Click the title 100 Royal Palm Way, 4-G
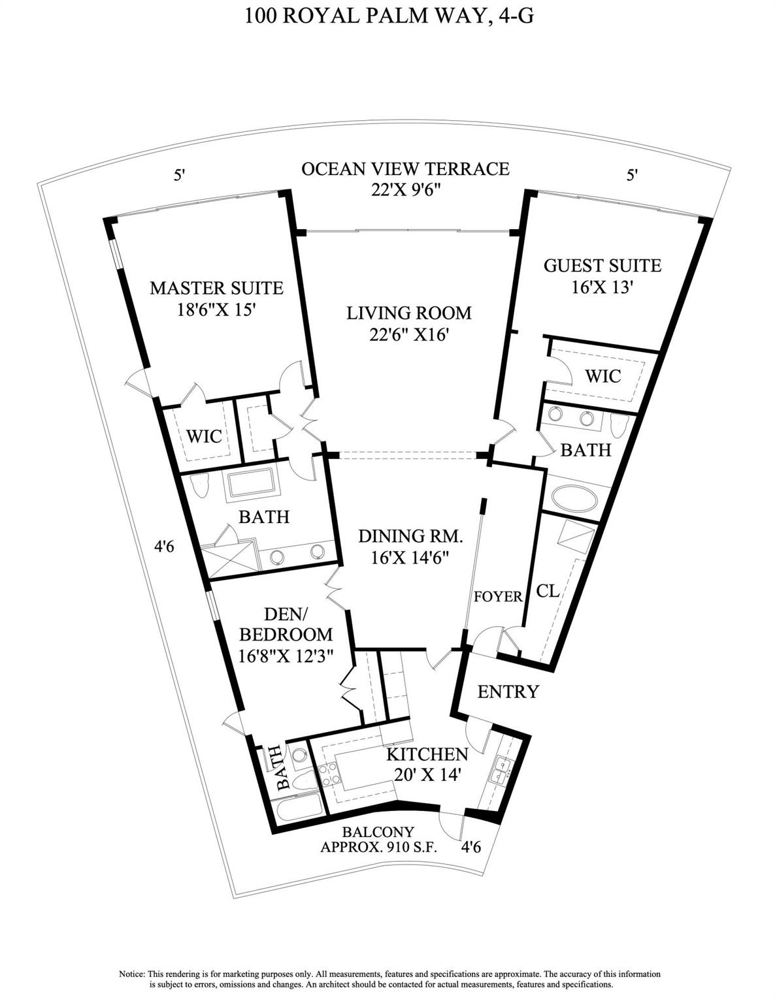(x=389, y=15)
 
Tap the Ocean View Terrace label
(x=405, y=168)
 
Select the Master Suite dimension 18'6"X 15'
(x=216, y=309)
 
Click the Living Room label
(x=408, y=313)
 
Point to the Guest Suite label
(x=602, y=266)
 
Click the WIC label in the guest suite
(x=602, y=376)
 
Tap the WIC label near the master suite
(x=204, y=436)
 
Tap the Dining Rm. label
(x=410, y=537)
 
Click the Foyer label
(x=498, y=596)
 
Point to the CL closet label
(x=548, y=591)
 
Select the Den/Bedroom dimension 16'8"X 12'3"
(x=286, y=655)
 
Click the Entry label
(x=508, y=692)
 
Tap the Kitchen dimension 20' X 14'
(x=428, y=775)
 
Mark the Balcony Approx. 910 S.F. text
(x=379, y=840)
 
